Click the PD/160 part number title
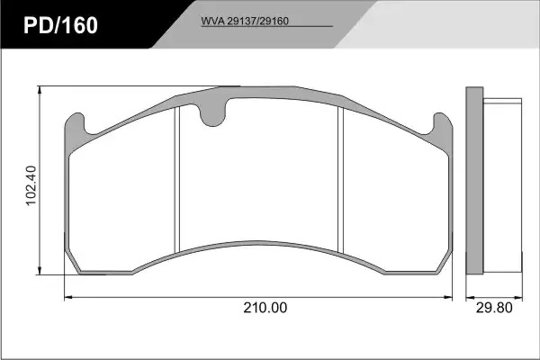[x=60, y=25]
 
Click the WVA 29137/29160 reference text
[x=245, y=21]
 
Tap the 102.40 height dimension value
[x=31, y=185]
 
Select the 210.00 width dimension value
[x=265, y=308]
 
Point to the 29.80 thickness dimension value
[x=494, y=308]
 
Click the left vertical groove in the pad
[x=177, y=179]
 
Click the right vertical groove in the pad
[x=341, y=179]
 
